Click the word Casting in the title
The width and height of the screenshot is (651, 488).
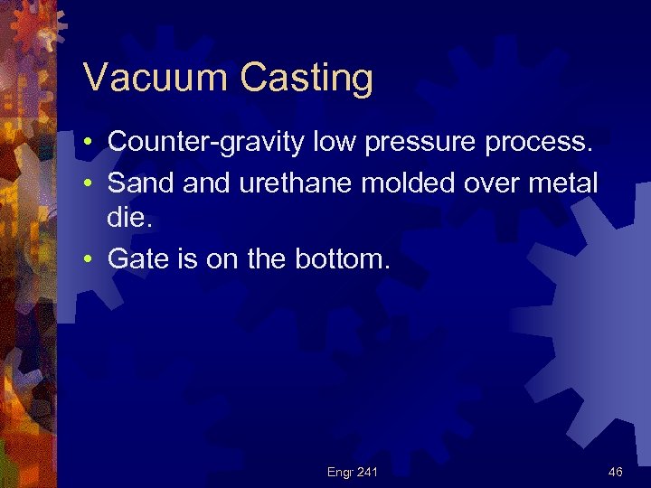(307, 79)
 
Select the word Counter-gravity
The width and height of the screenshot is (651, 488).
(207, 142)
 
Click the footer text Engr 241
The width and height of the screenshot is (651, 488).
(354, 472)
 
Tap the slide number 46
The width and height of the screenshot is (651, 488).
(615, 472)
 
